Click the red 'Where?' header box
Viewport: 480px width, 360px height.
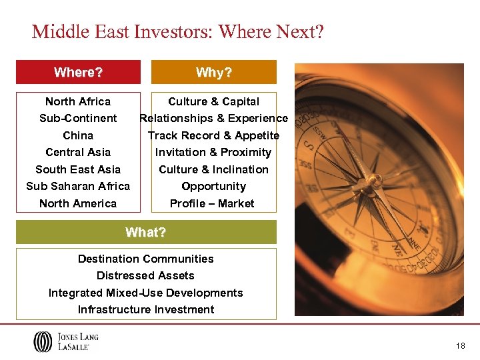pos(78,72)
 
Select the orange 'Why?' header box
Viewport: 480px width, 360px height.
pos(213,72)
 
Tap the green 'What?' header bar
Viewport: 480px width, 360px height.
pos(145,232)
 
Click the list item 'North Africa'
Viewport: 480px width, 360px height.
pos(78,101)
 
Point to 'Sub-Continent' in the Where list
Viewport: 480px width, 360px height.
pos(78,118)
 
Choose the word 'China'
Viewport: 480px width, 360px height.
pos(78,135)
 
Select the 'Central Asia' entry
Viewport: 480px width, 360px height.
pos(78,152)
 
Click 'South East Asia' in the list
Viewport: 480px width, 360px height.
pos(78,169)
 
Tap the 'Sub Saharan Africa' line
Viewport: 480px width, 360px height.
pos(78,186)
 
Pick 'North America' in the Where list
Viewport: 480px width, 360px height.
pos(78,203)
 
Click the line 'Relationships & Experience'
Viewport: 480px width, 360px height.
pos(213,118)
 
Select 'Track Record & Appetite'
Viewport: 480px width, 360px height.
pos(213,135)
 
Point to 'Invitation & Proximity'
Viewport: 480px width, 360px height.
pos(213,152)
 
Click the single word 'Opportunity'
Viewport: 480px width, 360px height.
pos(213,186)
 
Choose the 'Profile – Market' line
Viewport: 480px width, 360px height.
pos(212,203)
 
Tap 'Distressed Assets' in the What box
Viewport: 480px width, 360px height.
pos(145,275)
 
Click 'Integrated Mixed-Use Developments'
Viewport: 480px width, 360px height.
pos(145,293)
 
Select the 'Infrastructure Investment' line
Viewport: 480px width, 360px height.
pos(145,309)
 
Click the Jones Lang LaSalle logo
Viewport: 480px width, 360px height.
pos(65,341)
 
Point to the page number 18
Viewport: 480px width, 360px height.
pos(461,346)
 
